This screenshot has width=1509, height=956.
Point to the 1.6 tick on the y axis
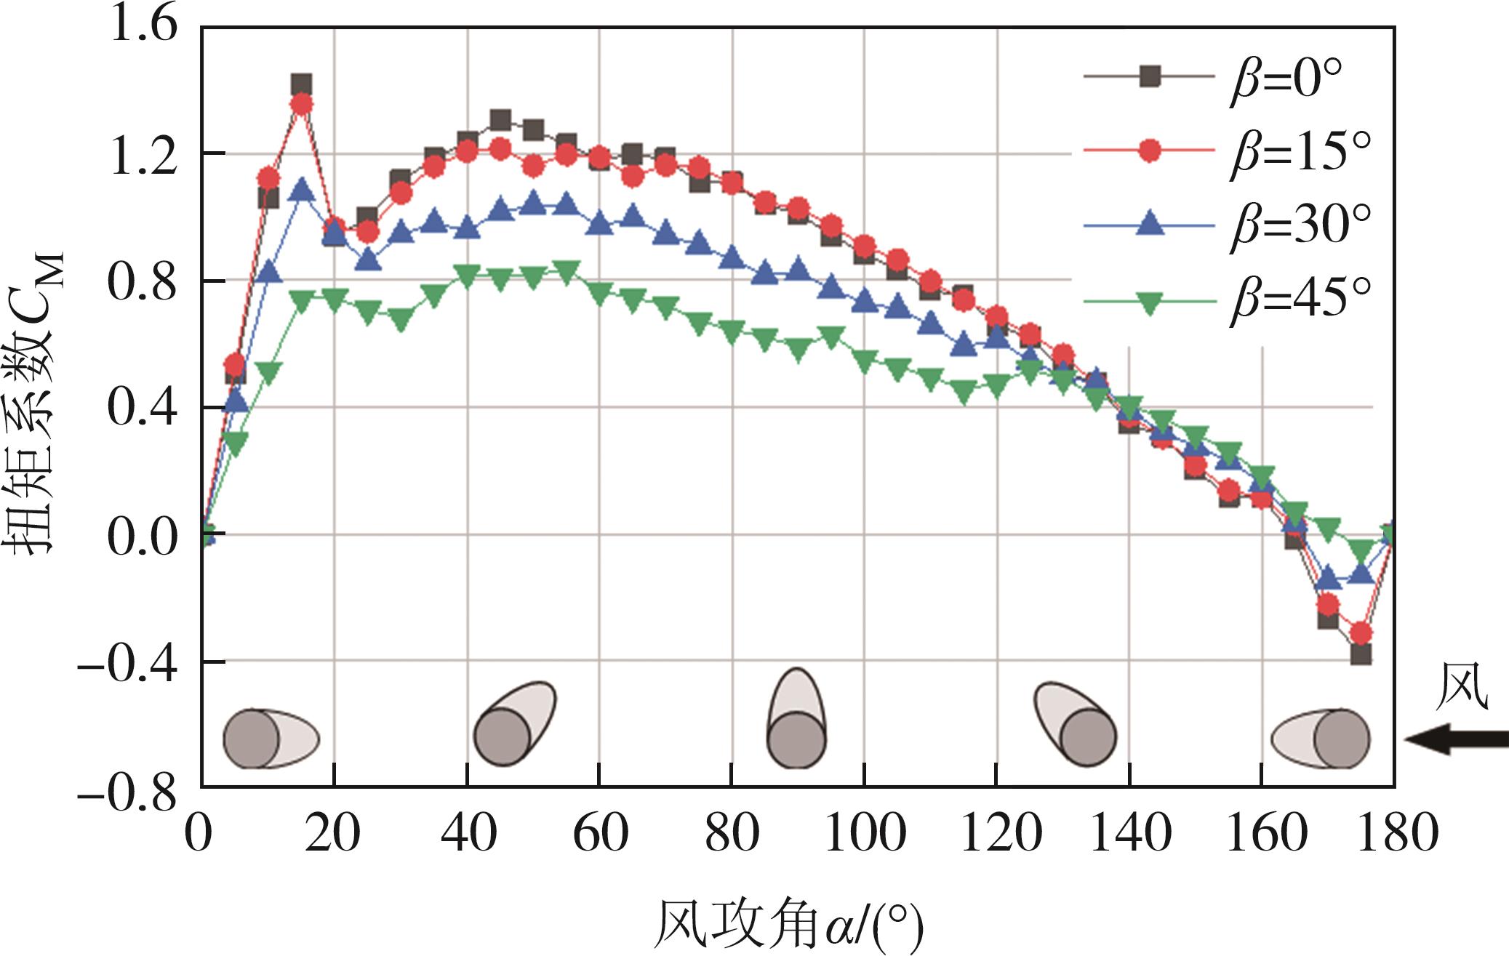(x=142, y=28)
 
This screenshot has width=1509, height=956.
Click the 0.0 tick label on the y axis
(x=142, y=536)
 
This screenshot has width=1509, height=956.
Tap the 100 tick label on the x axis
(x=864, y=834)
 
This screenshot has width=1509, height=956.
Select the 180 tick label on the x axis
(x=1393, y=834)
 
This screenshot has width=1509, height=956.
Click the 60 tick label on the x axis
(x=599, y=834)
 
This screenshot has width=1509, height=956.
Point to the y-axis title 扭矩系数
(x=36, y=407)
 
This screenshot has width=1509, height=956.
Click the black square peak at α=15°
(x=302, y=84)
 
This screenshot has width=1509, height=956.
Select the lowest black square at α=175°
(x=1361, y=654)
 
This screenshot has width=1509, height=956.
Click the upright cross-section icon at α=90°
(x=797, y=720)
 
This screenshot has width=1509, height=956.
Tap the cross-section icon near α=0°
(x=270, y=739)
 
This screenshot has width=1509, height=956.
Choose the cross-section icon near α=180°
(x=1321, y=739)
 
